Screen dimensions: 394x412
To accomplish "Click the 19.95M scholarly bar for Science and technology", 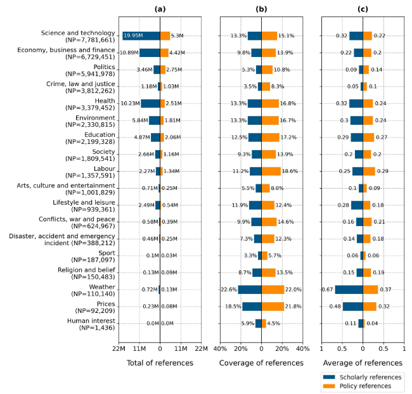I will [141, 36].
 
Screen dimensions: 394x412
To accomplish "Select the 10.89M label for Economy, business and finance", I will [129, 53].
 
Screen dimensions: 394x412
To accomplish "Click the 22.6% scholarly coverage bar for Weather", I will [250, 289].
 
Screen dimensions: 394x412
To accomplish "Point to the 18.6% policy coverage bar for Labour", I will [271, 171].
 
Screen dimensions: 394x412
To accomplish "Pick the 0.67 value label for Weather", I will [327, 289].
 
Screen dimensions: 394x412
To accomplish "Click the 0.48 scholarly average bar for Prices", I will [353, 307].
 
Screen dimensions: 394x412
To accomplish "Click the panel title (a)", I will [160, 9].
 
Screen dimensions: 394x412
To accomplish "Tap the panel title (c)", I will [363, 9].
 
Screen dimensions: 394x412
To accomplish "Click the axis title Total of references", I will [160, 363].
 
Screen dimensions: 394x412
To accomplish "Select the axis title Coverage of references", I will [261, 363].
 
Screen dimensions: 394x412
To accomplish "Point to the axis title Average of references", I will [363, 363].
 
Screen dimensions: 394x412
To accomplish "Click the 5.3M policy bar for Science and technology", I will [165, 36].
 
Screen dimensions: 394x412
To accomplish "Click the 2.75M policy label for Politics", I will [175, 70].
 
